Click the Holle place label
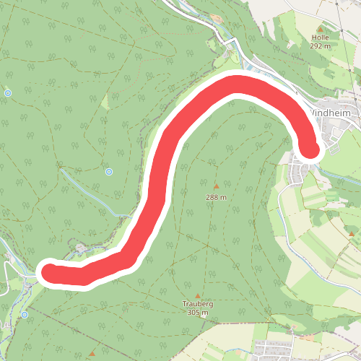pos(320,37)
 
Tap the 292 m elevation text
pos(320,45)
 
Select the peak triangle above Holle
pos(320,28)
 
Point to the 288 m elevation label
pos(216,197)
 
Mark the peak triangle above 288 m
pos(216,187)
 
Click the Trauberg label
pos(197,305)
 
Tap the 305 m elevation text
pos(197,313)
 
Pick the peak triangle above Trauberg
pos(197,296)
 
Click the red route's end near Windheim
pos(310,149)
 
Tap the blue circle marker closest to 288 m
pos(109,171)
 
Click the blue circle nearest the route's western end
pos(25,315)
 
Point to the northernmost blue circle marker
pos(8,92)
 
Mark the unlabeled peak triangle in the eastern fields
pos(352,234)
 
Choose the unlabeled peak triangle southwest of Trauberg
pos(92,354)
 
